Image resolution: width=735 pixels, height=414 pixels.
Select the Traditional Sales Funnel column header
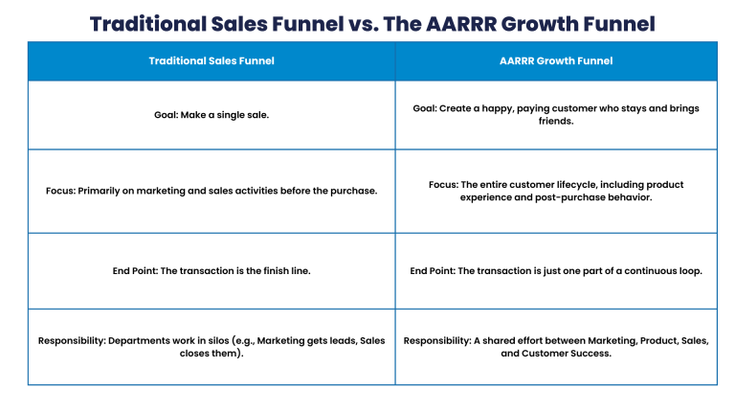[x=212, y=61]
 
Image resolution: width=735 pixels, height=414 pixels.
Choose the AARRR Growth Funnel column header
[x=556, y=61]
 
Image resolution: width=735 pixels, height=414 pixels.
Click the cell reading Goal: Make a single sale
[x=212, y=115]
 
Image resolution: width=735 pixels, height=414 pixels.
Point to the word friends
[x=556, y=123]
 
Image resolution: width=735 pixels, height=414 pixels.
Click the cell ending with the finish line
[x=212, y=271]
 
